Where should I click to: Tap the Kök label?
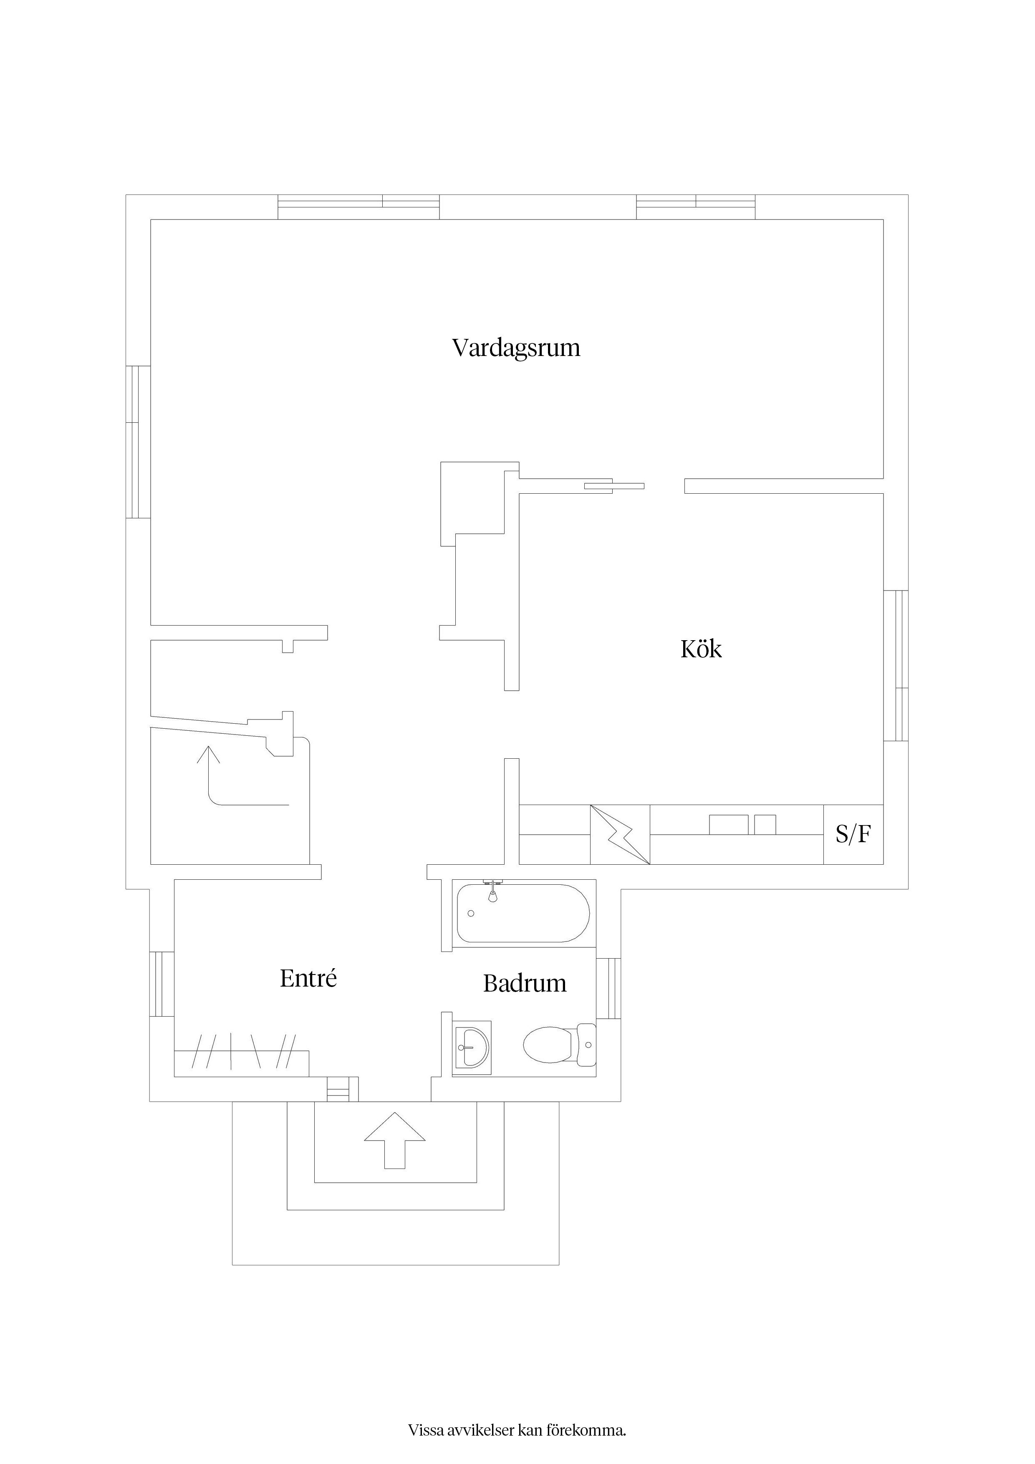coord(701,649)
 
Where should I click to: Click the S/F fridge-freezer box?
coord(853,835)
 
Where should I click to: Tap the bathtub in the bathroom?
coord(523,913)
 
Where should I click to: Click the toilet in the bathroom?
coord(559,1045)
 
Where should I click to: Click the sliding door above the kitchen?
coord(614,486)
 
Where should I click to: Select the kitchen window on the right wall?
coord(896,666)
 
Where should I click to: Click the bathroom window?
coord(608,997)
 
